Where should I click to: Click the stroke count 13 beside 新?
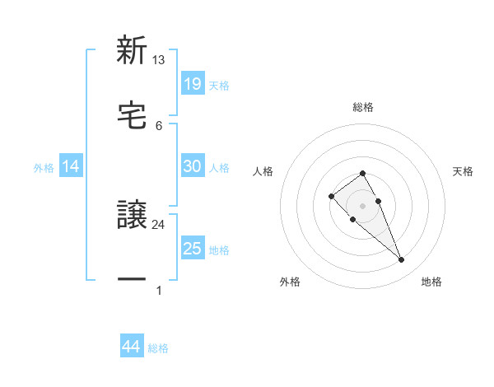pos(159,60)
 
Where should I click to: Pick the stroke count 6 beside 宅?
pos(159,125)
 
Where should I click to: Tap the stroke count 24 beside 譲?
pos(159,224)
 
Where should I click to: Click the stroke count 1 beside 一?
pos(159,290)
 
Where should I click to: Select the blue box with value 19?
pos(192,84)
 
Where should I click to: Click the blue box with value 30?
pos(192,166)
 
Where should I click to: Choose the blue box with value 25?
pos(192,249)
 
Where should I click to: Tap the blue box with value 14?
pos(71,166)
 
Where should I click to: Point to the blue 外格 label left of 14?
pos(44,167)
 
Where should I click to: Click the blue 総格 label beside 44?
pos(158,348)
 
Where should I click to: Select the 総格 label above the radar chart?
pos(363,107)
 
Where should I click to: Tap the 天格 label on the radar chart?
pos(463,171)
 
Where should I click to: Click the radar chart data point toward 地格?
pos(401,260)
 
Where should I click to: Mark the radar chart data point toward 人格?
pos(331,196)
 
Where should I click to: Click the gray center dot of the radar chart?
pos(363,206)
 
